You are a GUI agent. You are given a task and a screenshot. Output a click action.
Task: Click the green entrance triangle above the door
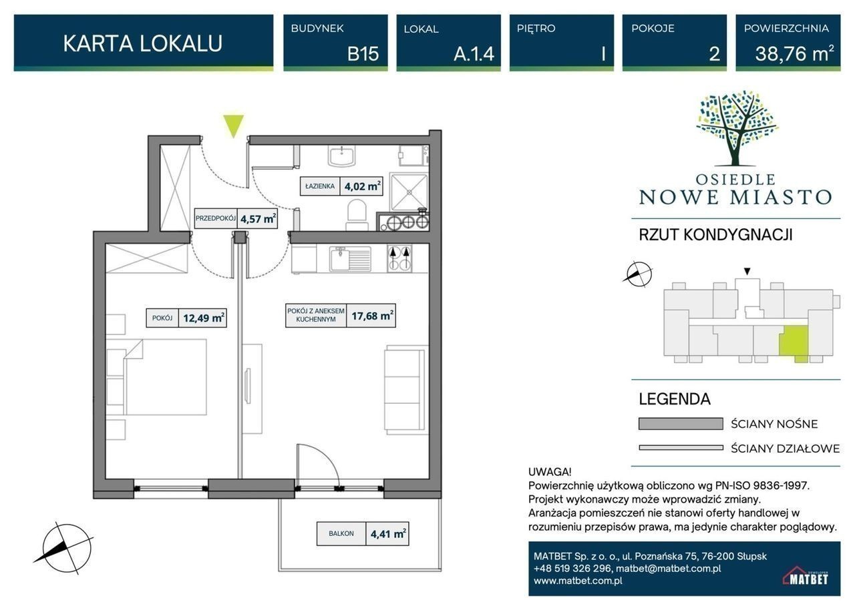pyautogui.click(x=233, y=125)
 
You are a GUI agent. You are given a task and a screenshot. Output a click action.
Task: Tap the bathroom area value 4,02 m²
pyautogui.click(x=362, y=186)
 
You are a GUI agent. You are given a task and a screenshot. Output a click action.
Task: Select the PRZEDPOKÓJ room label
pyautogui.click(x=216, y=218)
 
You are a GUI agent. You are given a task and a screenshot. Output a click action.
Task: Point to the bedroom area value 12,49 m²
pyautogui.click(x=203, y=318)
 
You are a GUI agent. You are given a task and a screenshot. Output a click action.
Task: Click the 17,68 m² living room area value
pyautogui.click(x=371, y=316)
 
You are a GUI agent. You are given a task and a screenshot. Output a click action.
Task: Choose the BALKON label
pyautogui.click(x=341, y=533)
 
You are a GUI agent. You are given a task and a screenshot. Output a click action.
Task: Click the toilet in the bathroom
pyautogui.click(x=357, y=216)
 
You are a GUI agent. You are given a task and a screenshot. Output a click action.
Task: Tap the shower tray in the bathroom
pyautogui.click(x=409, y=192)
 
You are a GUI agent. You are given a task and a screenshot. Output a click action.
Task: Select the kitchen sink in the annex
pyautogui.click(x=350, y=258)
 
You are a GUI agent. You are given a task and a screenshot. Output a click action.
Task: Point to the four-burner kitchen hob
pyautogui.click(x=399, y=258)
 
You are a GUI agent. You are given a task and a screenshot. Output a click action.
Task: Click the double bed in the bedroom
pyautogui.click(x=164, y=376)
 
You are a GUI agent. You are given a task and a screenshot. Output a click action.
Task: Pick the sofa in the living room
pyautogui.click(x=406, y=389)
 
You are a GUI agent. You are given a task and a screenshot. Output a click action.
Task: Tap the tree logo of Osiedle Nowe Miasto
pyautogui.click(x=737, y=128)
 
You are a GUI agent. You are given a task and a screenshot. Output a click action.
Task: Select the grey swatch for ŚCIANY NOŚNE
pyautogui.click(x=681, y=424)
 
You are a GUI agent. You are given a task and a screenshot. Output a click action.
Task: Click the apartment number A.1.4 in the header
pyautogui.click(x=474, y=54)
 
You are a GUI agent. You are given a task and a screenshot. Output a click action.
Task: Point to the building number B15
pyautogui.click(x=363, y=54)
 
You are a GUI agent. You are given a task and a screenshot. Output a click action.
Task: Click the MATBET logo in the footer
pyautogui.click(x=806, y=575)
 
